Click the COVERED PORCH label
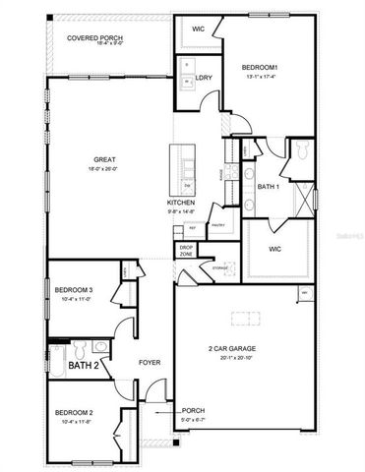click(x=88, y=37)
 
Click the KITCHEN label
click(x=180, y=203)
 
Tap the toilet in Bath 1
click(x=303, y=148)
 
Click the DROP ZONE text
click(x=186, y=251)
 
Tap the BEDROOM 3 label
click(x=74, y=289)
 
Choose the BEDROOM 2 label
click(x=74, y=413)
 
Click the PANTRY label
click(x=217, y=225)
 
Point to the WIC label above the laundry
click(x=198, y=29)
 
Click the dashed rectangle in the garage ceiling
click(x=244, y=318)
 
